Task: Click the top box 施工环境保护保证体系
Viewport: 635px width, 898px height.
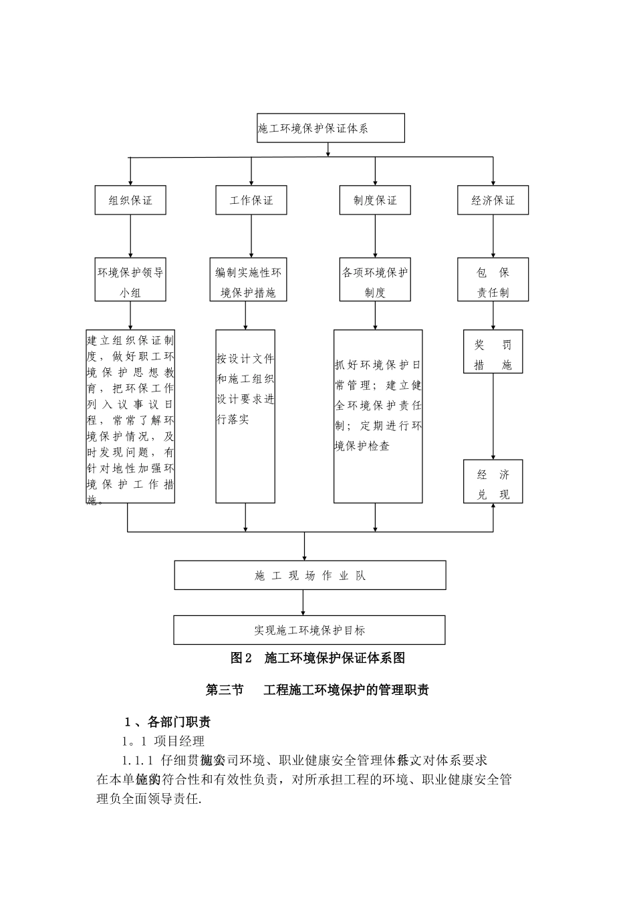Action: pos(331,128)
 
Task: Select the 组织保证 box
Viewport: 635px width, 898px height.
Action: pos(130,200)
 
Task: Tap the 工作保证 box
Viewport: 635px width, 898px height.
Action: pos(251,200)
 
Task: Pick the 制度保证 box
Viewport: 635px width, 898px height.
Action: pos(375,200)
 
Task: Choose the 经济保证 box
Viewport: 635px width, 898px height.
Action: pos(493,200)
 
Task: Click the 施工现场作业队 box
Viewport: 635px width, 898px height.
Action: pos(310,575)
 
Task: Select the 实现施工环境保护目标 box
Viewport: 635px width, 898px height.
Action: pos(309,630)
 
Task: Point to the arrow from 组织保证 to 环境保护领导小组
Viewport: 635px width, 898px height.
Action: pos(130,237)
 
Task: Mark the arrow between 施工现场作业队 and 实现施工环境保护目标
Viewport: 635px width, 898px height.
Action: pos(303,603)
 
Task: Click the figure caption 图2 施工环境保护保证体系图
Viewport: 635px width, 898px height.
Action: pos(318,658)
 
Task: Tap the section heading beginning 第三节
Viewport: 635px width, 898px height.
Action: pos(318,690)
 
